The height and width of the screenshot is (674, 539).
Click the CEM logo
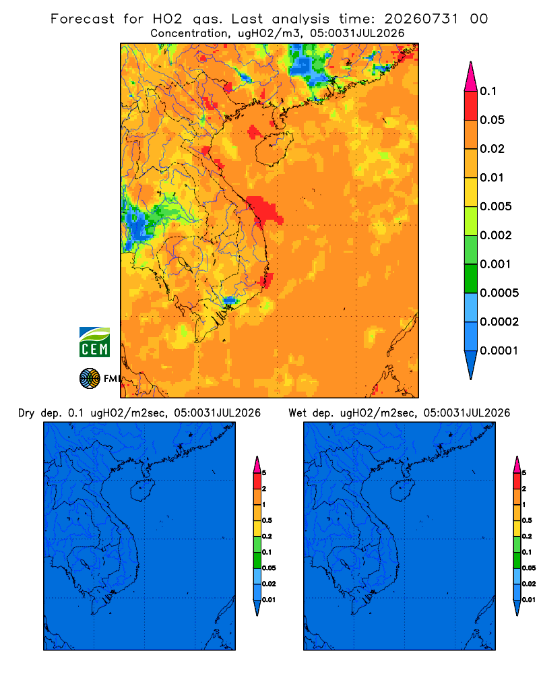coord(94,342)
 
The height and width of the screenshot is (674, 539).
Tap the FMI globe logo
coord(90,379)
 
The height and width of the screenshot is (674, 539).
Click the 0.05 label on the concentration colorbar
coord(492,120)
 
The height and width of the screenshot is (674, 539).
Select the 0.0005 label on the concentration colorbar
coord(499,293)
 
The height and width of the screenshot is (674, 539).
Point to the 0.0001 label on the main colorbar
coord(499,350)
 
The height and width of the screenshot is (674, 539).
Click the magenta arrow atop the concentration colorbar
coord(471,76)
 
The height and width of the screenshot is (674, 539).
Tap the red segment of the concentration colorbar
coord(471,106)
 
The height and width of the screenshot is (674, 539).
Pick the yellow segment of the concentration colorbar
coord(471,192)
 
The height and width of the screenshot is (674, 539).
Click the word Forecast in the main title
coord(82,19)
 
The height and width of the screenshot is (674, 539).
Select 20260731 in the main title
coord(421,19)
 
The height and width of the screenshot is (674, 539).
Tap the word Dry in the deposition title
coord(26,413)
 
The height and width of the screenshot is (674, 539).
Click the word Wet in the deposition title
coord(297,413)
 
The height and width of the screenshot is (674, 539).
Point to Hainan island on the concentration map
coord(274,148)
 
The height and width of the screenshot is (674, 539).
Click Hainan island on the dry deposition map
coord(143,491)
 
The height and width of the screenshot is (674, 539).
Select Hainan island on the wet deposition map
coord(403,491)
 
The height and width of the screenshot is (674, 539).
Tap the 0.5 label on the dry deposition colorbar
coord(267,520)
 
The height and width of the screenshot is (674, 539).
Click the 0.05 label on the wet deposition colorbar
coord(529,568)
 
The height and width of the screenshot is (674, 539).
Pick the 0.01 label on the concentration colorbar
coord(492,177)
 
